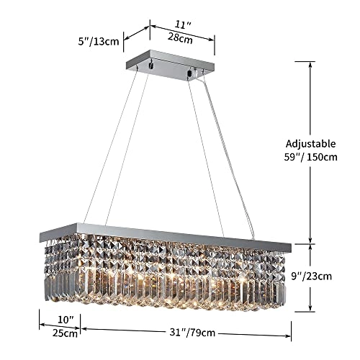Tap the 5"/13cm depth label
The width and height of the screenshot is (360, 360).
coord(99,41)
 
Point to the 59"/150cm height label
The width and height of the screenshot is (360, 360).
coord(311,158)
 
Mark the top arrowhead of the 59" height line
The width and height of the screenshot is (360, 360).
coord(311,63)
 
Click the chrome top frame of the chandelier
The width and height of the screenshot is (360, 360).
coord(166,235)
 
